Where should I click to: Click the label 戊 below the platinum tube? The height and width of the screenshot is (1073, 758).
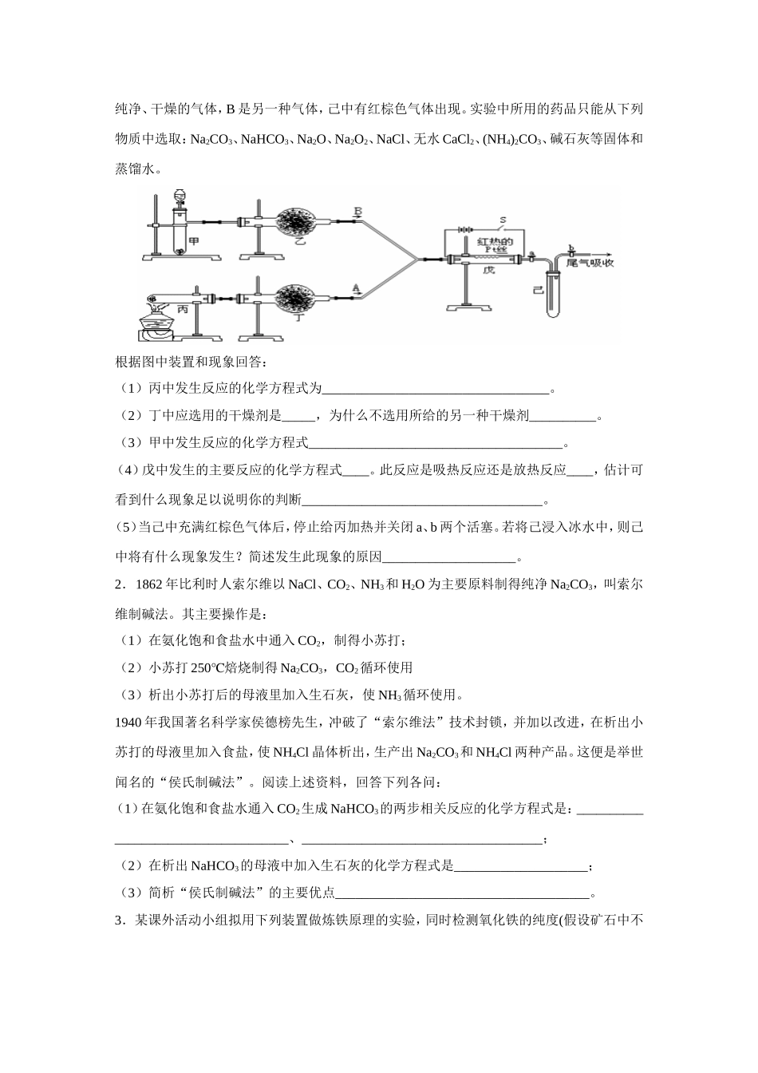[489, 271]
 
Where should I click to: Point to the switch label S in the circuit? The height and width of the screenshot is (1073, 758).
[503, 219]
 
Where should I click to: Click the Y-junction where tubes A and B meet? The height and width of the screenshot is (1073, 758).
[417, 258]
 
